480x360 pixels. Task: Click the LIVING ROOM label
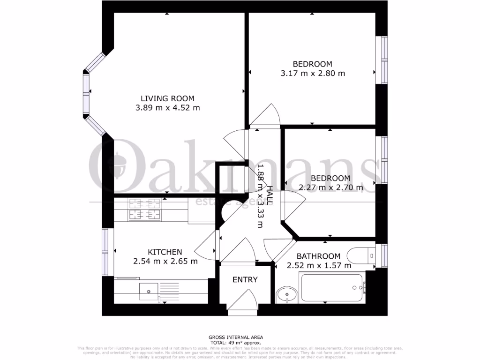167,98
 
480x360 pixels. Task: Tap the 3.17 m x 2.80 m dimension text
313,74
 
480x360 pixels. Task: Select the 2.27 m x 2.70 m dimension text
331,188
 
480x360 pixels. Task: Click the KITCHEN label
165,252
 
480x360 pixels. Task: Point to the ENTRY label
245,280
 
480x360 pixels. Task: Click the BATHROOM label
318,256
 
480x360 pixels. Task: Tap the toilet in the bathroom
360,256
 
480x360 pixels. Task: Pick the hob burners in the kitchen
144,210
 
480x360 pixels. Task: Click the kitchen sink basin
149,291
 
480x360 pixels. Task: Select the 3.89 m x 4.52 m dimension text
167,108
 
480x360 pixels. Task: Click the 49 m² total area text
236,342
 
